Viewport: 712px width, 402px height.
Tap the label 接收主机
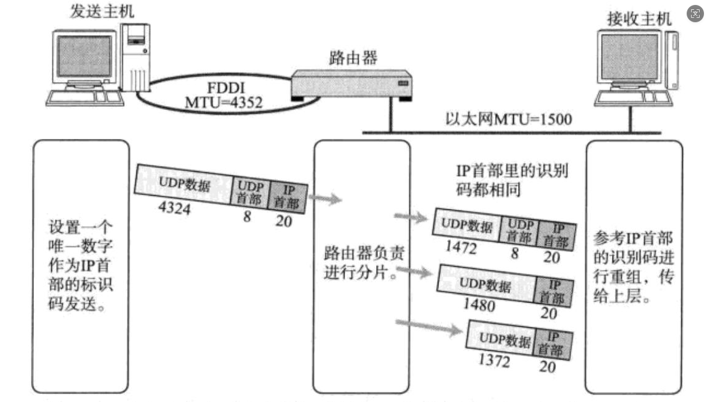pos(639,18)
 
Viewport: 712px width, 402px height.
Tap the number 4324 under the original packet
pos(174,209)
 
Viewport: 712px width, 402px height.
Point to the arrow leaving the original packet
pos(324,199)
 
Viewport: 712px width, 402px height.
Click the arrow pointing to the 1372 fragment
pos(429,325)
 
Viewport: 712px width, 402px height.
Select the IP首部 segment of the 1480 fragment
pos(553,290)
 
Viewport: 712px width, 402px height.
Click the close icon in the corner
pos(696,14)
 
